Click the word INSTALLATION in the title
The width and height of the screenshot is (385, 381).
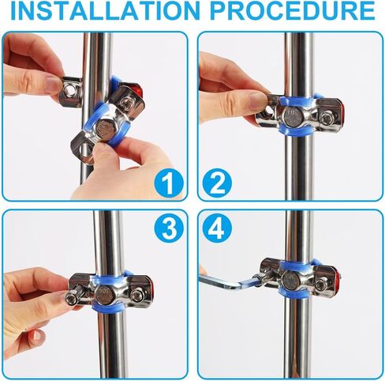[106, 11]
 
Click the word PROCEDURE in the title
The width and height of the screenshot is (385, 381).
[293, 11]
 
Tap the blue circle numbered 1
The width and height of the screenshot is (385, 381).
[168, 183]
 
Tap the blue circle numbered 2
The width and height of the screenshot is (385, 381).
[217, 183]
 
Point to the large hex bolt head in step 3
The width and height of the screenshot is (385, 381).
[104, 294]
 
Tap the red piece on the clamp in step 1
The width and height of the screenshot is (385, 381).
[139, 90]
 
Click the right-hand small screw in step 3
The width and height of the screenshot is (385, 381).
[136, 294]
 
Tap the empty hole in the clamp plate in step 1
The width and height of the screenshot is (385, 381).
[84, 151]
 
